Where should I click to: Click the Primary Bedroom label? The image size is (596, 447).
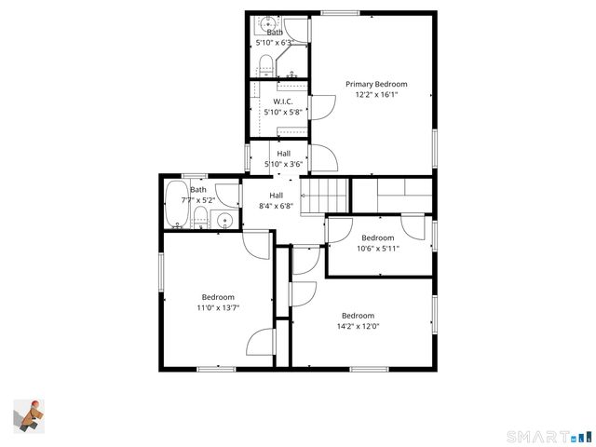tap(376, 84)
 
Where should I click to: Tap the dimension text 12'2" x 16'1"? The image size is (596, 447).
tap(376, 95)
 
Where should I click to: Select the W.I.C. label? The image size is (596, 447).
tap(284, 102)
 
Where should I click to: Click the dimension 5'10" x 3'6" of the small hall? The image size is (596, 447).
tap(283, 165)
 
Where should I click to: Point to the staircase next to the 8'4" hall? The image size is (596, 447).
tap(328, 196)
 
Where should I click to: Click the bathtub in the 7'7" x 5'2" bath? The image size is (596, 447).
tap(174, 205)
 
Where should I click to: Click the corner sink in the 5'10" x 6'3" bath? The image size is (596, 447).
tap(267, 22)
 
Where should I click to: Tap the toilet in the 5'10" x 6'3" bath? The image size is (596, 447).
tap(264, 64)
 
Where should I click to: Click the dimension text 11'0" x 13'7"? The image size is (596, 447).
tap(218, 308)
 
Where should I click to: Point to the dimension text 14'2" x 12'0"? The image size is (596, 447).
tap(358, 327)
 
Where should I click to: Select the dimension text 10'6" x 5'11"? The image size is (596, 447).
tap(378, 249)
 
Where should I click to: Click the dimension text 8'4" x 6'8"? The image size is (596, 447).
tap(276, 207)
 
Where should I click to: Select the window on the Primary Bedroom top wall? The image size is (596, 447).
tap(334, 13)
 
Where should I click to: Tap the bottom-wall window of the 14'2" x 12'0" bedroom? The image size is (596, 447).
tap(370, 370)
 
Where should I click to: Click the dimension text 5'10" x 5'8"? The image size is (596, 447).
tap(284, 113)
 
